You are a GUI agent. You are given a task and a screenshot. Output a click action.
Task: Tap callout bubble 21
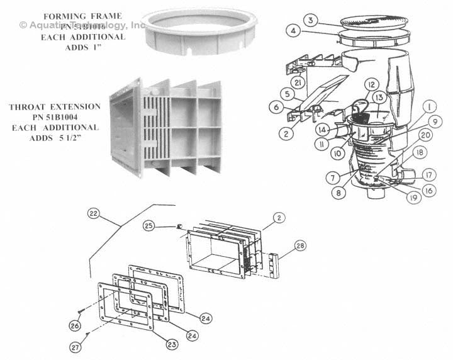(299, 84)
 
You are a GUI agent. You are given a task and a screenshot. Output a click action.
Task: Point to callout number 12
(371, 84)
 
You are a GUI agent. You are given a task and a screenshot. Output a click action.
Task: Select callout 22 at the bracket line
(111, 214)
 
